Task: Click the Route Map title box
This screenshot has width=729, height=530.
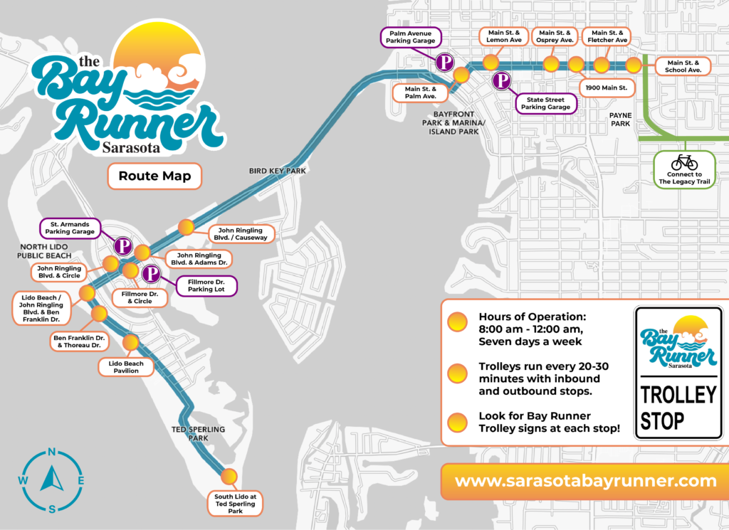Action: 154,176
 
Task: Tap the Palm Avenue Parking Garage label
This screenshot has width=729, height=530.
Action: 411,36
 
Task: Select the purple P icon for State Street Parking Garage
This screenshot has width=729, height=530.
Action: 503,81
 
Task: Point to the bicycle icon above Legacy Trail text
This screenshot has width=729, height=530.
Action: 684,161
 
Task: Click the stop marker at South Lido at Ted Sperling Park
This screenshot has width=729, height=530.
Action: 229,476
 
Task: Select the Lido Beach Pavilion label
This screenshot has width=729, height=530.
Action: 125,367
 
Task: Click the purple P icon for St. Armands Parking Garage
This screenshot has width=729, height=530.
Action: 123,246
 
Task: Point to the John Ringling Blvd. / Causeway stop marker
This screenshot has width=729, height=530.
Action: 185,227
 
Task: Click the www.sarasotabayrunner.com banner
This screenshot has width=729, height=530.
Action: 585,481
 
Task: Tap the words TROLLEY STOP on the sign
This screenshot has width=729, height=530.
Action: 677,407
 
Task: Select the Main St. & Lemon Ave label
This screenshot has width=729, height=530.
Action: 504,36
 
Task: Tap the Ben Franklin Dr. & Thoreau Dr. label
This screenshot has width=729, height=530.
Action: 78,341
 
